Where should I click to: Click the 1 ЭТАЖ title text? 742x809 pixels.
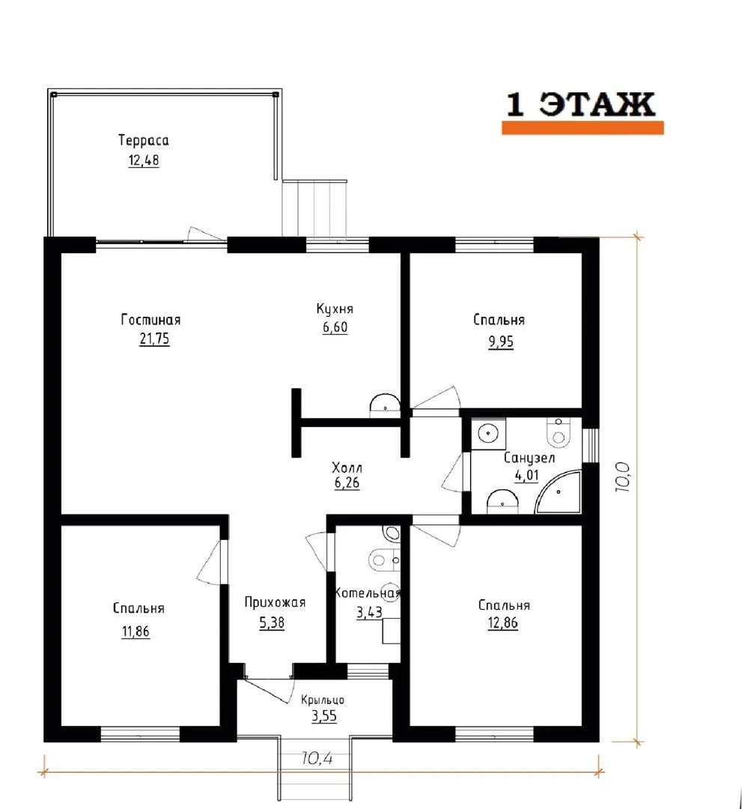(580, 104)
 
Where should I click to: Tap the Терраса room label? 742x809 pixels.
(143, 141)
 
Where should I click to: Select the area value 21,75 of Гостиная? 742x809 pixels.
(154, 339)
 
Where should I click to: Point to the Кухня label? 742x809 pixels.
(335, 309)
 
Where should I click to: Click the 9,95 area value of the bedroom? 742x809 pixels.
(501, 342)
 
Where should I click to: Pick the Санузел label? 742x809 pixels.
(529, 458)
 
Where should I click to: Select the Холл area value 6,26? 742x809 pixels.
(347, 483)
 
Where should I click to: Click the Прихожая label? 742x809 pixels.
(275, 602)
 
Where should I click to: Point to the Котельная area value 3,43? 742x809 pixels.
(369, 613)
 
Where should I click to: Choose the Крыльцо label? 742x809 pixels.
(323, 700)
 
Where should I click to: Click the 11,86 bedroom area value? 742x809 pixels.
(136, 631)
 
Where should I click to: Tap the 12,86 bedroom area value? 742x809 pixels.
(502, 623)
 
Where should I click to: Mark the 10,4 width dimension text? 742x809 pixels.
(317, 758)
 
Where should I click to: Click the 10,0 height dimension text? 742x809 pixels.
(623, 476)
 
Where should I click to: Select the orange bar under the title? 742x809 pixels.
(583, 128)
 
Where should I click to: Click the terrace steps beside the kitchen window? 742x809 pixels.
(314, 208)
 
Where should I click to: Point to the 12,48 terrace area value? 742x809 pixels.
(143, 160)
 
